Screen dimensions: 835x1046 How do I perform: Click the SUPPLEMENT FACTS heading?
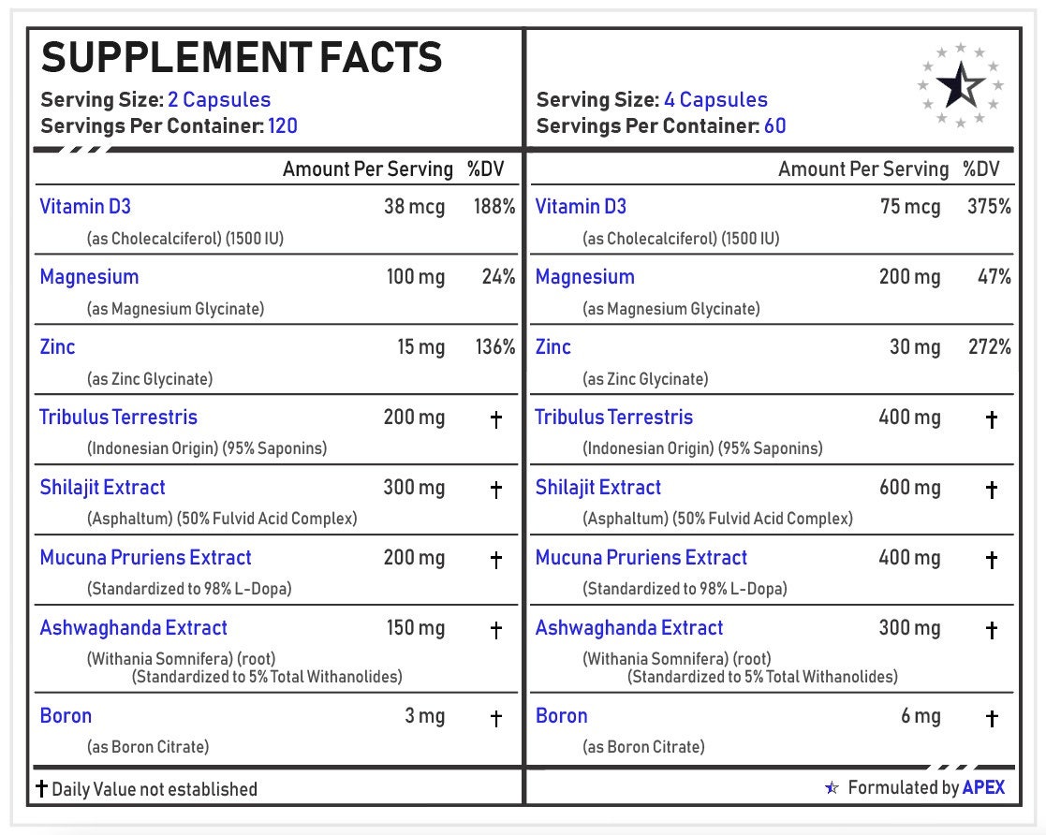(x=242, y=58)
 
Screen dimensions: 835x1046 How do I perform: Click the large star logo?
(x=961, y=86)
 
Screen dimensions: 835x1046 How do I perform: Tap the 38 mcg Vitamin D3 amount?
(x=414, y=207)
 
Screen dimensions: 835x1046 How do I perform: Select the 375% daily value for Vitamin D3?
(x=989, y=207)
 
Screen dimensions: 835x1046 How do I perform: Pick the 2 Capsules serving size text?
(x=219, y=100)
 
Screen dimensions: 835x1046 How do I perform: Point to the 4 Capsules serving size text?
(x=715, y=100)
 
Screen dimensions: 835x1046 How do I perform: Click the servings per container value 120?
(x=283, y=125)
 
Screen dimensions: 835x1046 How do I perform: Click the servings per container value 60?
(x=774, y=125)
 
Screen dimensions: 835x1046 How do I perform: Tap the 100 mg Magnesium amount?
(x=416, y=277)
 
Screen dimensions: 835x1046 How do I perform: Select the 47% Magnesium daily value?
(x=993, y=277)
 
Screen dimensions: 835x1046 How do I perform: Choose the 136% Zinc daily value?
(x=494, y=347)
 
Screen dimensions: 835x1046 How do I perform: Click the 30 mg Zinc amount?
(x=915, y=347)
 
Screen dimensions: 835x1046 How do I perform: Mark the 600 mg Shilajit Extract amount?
(x=909, y=488)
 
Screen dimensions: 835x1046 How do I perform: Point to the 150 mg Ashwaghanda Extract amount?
(x=416, y=628)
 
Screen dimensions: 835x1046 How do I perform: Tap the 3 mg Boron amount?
(x=425, y=716)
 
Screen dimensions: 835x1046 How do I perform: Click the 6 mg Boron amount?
(x=921, y=716)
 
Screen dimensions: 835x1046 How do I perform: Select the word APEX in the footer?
(x=983, y=787)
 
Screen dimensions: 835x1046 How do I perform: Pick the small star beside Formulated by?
(x=832, y=788)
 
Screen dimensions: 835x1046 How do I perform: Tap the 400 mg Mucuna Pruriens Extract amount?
(x=909, y=558)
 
